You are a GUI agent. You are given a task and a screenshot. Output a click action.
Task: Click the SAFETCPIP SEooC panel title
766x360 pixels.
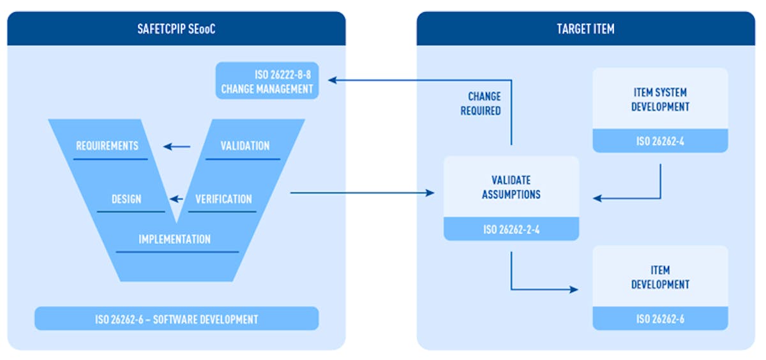pyautogui.click(x=177, y=29)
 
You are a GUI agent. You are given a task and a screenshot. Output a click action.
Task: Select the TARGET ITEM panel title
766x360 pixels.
pyautogui.click(x=585, y=29)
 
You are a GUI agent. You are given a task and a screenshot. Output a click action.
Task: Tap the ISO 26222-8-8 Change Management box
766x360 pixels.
pyautogui.click(x=267, y=81)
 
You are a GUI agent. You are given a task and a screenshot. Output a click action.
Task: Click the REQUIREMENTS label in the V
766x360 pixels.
pyautogui.click(x=107, y=146)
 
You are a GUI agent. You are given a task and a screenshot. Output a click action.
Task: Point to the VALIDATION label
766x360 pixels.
pyautogui.click(x=245, y=146)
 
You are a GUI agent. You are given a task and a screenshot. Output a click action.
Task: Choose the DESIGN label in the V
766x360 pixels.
pyautogui.click(x=126, y=199)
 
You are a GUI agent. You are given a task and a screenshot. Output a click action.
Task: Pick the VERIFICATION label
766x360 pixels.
pyautogui.click(x=223, y=199)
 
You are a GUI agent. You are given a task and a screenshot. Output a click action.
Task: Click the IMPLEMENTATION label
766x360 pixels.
pyautogui.click(x=175, y=239)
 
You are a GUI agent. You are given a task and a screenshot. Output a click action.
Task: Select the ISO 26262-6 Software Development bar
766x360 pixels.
pyautogui.click(x=177, y=319)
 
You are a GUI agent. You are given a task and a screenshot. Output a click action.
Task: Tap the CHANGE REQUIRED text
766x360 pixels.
pyautogui.click(x=484, y=103)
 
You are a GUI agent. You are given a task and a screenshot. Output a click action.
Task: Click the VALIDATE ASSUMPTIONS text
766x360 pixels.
pyautogui.click(x=511, y=187)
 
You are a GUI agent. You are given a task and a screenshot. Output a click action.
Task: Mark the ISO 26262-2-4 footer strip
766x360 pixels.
pyautogui.click(x=511, y=229)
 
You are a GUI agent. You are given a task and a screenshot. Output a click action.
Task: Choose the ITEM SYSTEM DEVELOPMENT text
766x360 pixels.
pyautogui.click(x=660, y=100)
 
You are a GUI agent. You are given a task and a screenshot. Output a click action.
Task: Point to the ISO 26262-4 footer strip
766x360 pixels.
pyautogui.click(x=660, y=141)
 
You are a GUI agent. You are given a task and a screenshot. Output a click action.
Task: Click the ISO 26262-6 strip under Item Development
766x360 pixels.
pyautogui.click(x=660, y=319)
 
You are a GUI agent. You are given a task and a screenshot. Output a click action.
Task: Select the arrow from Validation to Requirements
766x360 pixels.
pyautogui.click(x=177, y=147)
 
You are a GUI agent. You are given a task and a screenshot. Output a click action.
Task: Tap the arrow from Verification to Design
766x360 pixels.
pyautogui.click(x=181, y=199)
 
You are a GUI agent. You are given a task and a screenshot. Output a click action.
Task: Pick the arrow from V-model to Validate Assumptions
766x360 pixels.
pyautogui.click(x=361, y=192)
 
